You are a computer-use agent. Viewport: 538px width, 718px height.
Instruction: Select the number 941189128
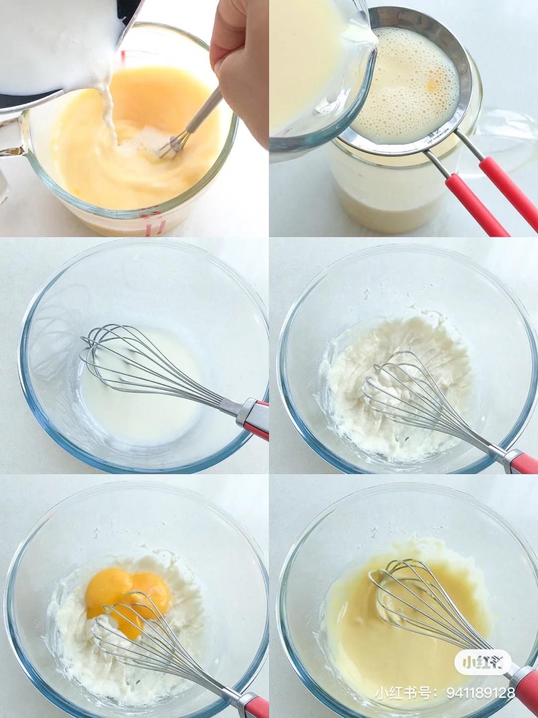[480, 693]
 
